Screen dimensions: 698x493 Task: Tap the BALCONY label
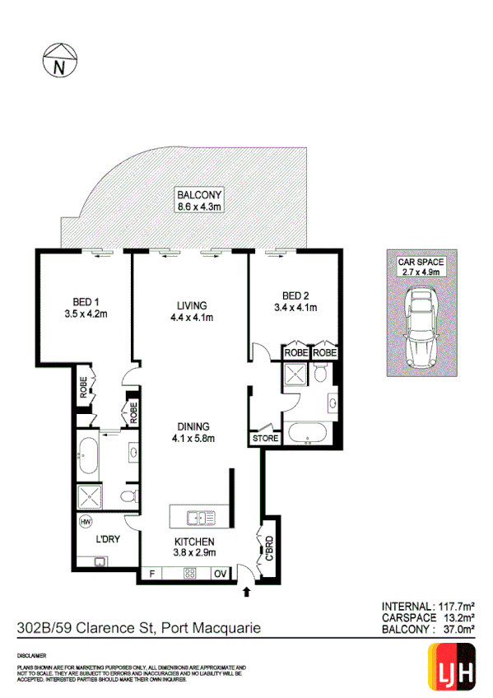pyautogui.click(x=199, y=195)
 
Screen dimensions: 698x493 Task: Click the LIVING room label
pyautogui.click(x=190, y=305)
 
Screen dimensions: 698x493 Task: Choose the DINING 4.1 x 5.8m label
pyautogui.click(x=191, y=432)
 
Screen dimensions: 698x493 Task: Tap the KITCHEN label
pyautogui.click(x=194, y=542)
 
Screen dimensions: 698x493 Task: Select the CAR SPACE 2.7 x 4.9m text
pyautogui.click(x=421, y=267)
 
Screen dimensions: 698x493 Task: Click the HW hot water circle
pyautogui.click(x=85, y=521)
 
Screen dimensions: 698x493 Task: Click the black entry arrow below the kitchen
pyautogui.click(x=247, y=590)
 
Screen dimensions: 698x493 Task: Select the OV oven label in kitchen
pyautogui.click(x=220, y=575)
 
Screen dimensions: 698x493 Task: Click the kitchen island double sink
pyautogui.click(x=200, y=518)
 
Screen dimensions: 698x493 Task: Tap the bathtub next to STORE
pyautogui.click(x=307, y=434)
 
